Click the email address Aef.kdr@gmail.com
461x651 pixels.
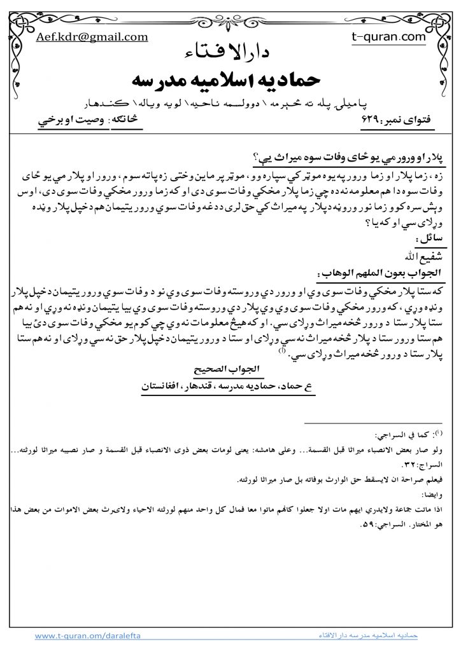pyautogui.click(x=92, y=37)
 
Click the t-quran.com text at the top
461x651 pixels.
pyautogui.click(x=388, y=37)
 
